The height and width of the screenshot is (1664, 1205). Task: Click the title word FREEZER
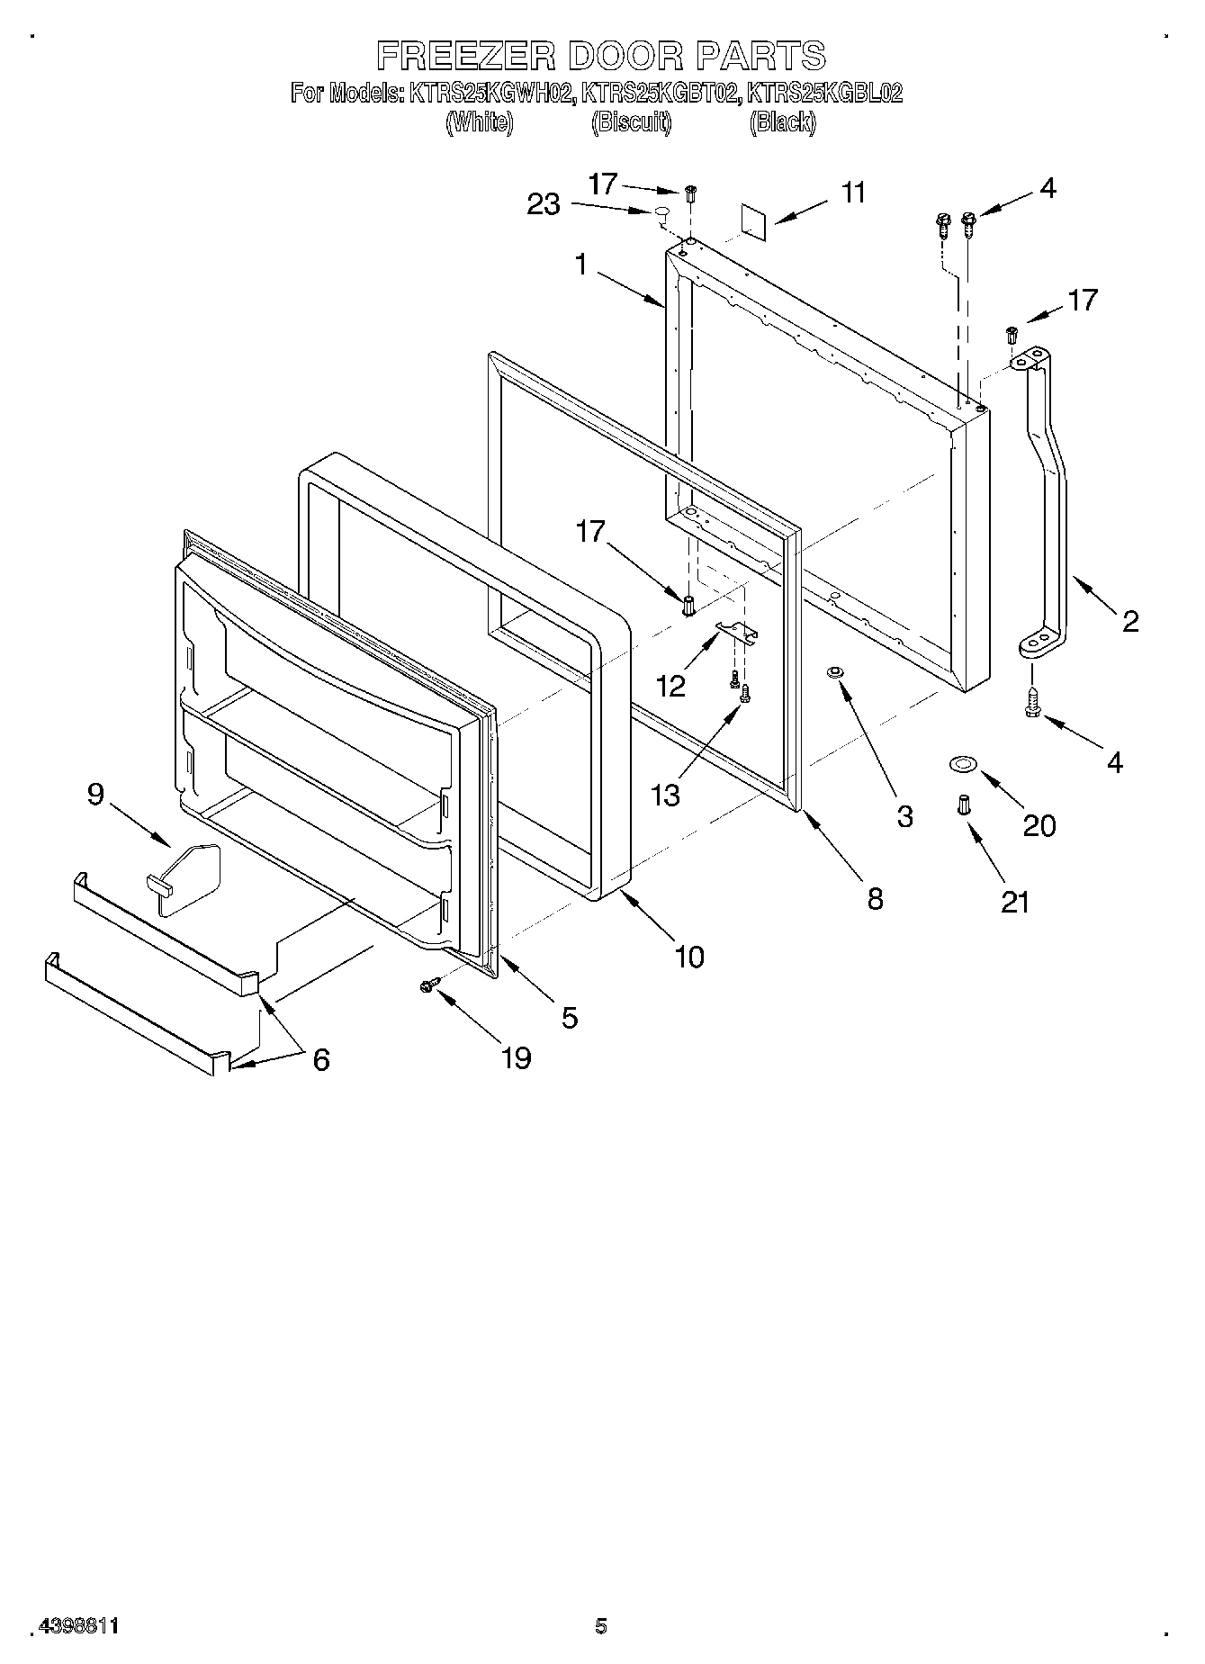pos(466,56)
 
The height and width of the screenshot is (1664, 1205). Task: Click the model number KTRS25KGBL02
pos(825,93)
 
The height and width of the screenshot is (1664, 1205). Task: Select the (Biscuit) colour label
pos(631,122)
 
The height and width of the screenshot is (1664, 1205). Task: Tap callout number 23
pos(544,205)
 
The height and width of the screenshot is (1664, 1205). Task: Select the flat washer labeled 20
pos(962,766)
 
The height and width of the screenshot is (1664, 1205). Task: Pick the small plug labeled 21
pos(963,805)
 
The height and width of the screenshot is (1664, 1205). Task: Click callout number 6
pos(320,1060)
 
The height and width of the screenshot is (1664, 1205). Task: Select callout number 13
pos(666,795)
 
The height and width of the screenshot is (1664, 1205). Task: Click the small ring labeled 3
pos(834,672)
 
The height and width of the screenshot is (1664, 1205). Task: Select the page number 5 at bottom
pos(600,1626)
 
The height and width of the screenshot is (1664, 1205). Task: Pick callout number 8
pos(875,898)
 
